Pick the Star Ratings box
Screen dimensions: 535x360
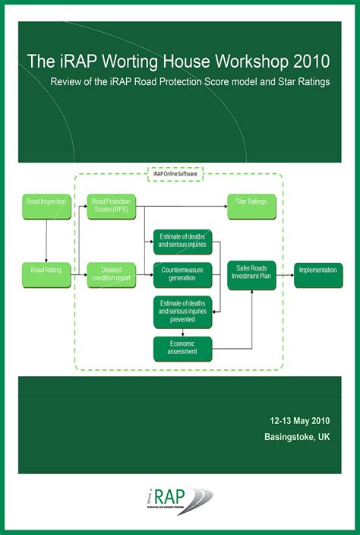[x=251, y=203]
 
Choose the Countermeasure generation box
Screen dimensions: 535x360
[x=182, y=274]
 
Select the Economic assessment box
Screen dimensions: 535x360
[x=182, y=347]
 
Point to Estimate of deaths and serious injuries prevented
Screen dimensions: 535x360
[x=182, y=312]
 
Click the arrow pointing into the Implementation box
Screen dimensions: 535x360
[x=284, y=274]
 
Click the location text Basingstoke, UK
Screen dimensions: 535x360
[x=297, y=437]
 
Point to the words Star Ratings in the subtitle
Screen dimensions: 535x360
[x=302, y=81]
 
